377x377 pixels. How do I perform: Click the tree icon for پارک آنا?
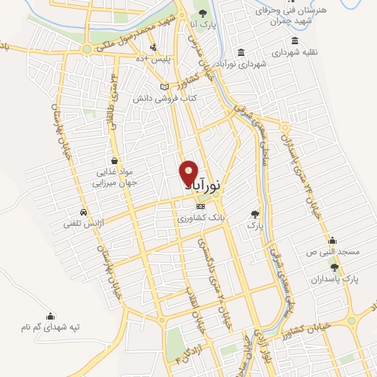coord(204,14)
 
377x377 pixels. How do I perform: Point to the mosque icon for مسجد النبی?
coord(332,239)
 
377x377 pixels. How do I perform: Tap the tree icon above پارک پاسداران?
coord(336,267)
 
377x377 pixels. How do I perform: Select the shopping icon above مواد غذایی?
coord(114,160)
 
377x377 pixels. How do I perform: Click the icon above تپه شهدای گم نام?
coord(51,316)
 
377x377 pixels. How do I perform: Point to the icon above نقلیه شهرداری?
coord(295,41)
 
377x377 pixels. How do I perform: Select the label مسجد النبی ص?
coord(333,252)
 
